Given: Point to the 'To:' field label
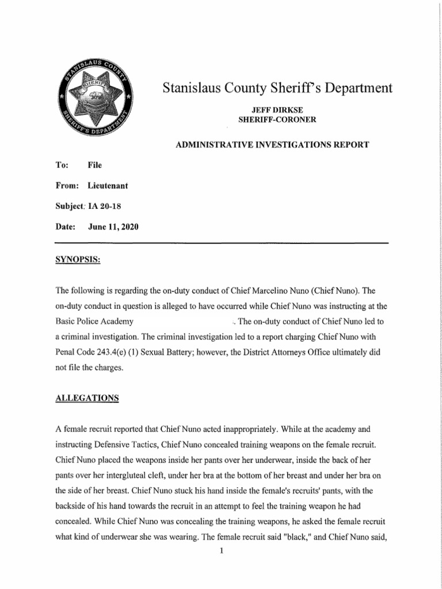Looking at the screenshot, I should coord(62,165).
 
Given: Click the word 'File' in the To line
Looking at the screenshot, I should coord(95,165).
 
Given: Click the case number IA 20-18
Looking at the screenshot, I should coord(105,206).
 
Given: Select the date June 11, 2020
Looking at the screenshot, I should coord(113,227).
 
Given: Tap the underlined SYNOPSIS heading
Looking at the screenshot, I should coord(78,259).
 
